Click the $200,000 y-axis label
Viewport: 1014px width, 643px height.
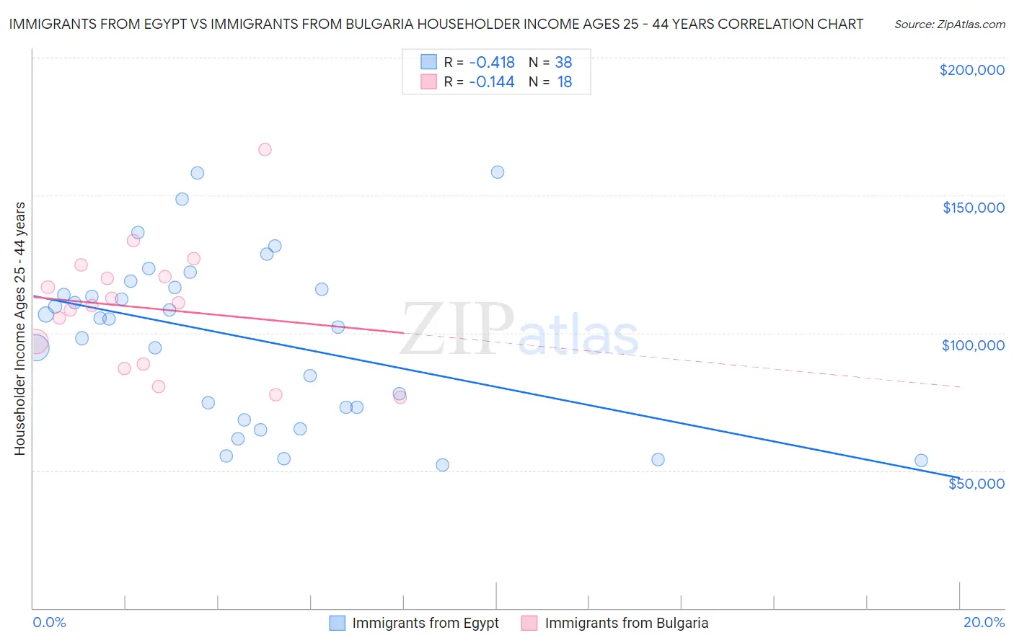click(971, 70)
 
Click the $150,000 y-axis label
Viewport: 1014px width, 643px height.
click(973, 208)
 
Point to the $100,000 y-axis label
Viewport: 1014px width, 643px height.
click(973, 345)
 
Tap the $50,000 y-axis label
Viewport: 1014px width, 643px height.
click(976, 484)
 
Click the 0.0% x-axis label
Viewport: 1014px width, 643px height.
click(49, 623)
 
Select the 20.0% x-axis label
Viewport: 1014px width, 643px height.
click(984, 623)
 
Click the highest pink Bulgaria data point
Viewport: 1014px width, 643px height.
click(265, 150)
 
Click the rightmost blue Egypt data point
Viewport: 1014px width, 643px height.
click(921, 461)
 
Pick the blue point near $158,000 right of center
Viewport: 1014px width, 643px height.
click(498, 172)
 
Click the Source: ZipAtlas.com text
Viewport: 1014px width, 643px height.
click(949, 25)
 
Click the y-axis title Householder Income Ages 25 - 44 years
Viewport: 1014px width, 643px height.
click(19, 329)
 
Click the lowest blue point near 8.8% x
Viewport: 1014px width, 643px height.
click(443, 465)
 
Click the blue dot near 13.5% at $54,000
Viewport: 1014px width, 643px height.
click(658, 460)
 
